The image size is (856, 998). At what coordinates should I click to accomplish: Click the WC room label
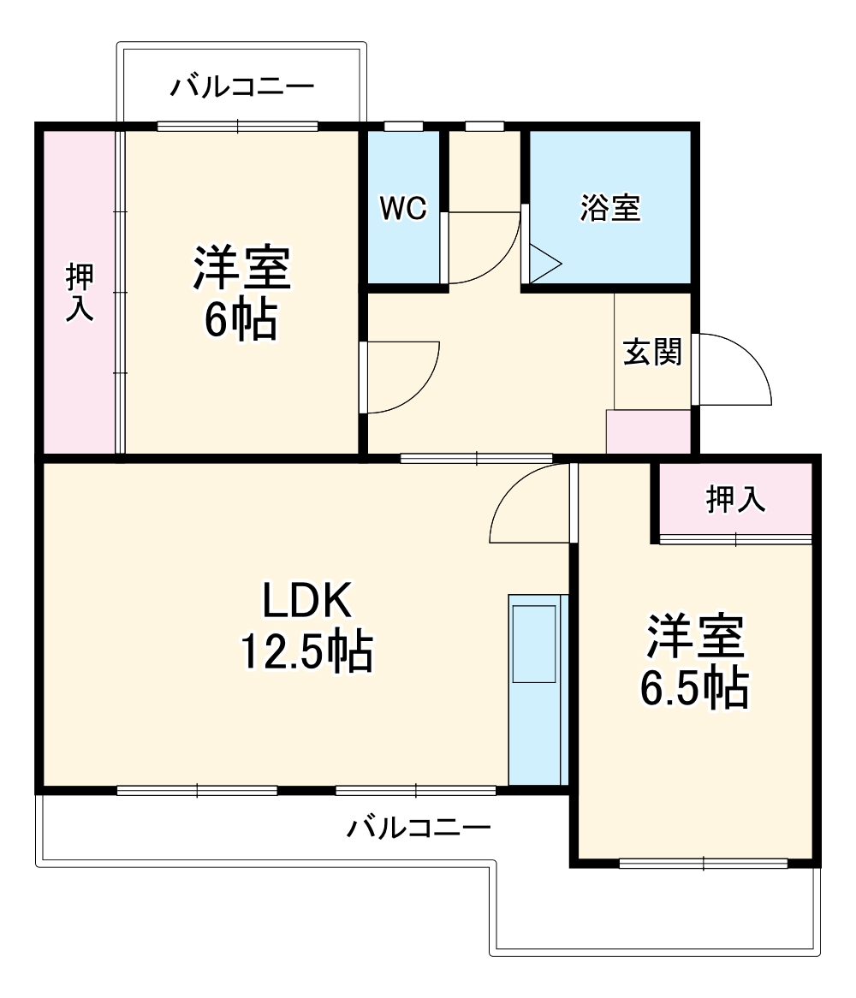[403, 210]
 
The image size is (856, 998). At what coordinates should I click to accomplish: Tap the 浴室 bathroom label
[609, 209]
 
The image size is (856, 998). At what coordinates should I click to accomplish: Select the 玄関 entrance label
[652, 352]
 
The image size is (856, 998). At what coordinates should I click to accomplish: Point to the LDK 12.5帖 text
[306, 627]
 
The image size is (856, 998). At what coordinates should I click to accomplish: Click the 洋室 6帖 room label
[241, 292]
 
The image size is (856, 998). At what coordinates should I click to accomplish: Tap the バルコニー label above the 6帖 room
[242, 87]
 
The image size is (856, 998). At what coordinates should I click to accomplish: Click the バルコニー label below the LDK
[419, 828]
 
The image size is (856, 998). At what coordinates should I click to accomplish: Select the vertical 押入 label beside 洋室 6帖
[80, 292]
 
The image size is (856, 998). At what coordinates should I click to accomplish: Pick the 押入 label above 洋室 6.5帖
[734, 500]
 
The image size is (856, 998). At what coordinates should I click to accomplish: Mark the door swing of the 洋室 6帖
[401, 377]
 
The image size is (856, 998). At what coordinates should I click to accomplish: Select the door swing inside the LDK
[530, 505]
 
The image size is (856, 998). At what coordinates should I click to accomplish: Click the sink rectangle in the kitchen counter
[533, 643]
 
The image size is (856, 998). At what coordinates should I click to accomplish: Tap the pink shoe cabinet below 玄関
[648, 431]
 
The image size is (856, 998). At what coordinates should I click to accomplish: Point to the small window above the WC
[403, 127]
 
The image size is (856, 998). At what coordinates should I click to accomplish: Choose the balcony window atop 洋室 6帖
[237, 127]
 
